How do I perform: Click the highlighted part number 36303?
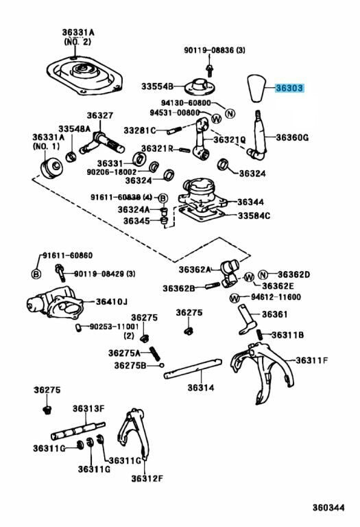point(289,89)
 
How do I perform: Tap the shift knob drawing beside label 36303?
point(257,89)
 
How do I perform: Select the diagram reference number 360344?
point(328,508)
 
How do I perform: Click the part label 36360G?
point(292,137)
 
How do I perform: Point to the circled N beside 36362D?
point(263,275)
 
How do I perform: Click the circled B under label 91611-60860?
point(36,274)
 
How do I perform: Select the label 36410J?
point(112,301)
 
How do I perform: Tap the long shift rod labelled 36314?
point(193,368)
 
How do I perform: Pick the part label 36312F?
point(147,478)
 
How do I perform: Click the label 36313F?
point(88,408)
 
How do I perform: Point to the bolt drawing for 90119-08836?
point(211,70)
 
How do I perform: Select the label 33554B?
point(157,86)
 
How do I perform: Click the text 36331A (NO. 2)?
point(78,37)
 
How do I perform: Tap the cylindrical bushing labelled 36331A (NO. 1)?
point(52,167)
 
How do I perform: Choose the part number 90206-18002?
point(112,172)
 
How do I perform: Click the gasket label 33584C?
point(254,215)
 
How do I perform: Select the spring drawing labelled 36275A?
point(155,353)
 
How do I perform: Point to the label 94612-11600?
point(276,297)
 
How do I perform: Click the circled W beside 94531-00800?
point(217,118)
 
